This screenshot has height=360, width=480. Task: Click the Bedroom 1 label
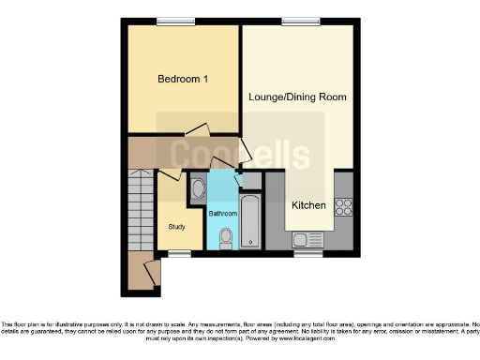[x=182, y=80]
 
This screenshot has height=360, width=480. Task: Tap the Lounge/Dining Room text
[x=298, y=97]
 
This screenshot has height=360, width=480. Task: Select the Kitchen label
[x=308, y=205]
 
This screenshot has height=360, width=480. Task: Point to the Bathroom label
[x=222, y=214]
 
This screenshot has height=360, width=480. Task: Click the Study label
[x=176, y=226]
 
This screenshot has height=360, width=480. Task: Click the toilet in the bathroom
[x=225, y=240]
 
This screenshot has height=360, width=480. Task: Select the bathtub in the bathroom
[x=249, y=221]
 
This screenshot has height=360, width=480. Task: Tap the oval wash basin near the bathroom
[x=198, y=190]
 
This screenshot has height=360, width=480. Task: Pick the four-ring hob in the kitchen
[x=343, y=207]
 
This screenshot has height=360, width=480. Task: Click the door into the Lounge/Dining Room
[x=246, y=150]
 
